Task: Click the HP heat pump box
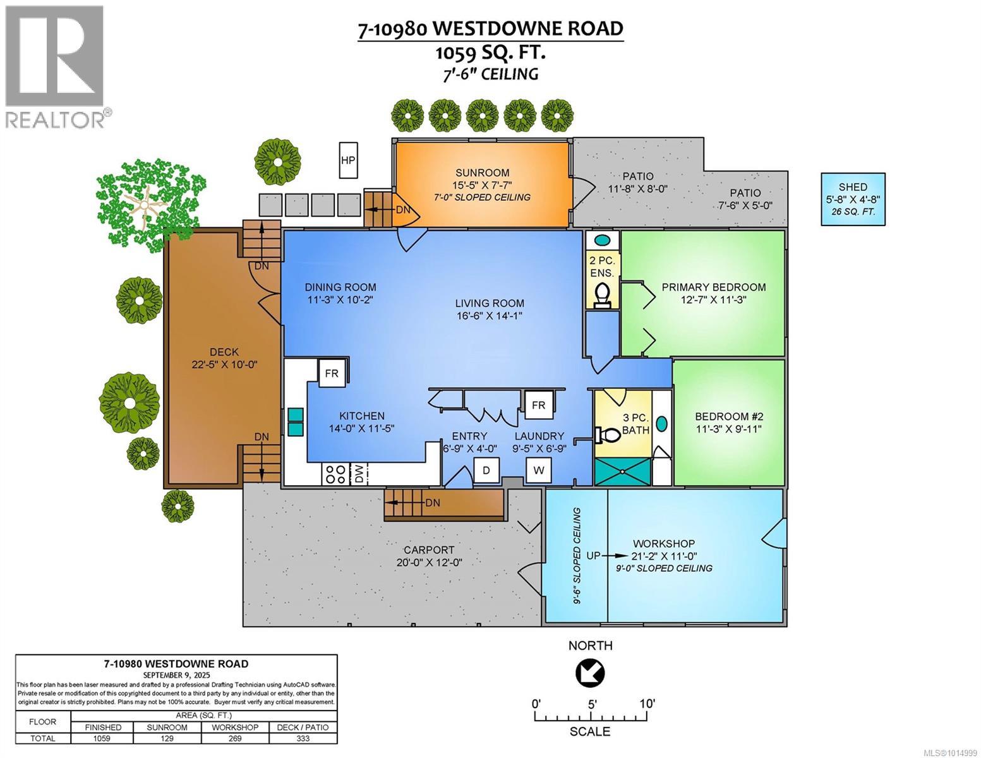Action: click(347, 160)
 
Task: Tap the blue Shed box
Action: click(853, 199)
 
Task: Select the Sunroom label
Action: click(482, 173)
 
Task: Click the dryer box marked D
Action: click(486, 470)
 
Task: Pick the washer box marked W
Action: click(539, 470)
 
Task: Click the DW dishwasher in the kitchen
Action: click(359, 474)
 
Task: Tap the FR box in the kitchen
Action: click(332, 373)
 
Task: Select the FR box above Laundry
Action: click(539, 405)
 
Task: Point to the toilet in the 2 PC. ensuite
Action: click(603, 294)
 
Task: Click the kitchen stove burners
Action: click(334, 474)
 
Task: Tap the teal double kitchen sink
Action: click(295, 422)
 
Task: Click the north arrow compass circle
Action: click(590, 673)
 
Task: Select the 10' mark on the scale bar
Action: click(647, 704)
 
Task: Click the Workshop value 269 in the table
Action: click(234, 738)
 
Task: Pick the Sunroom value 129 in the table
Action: click(167, 738)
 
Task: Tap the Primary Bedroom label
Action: click(713, 287)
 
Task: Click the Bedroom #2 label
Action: click(729, 416)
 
